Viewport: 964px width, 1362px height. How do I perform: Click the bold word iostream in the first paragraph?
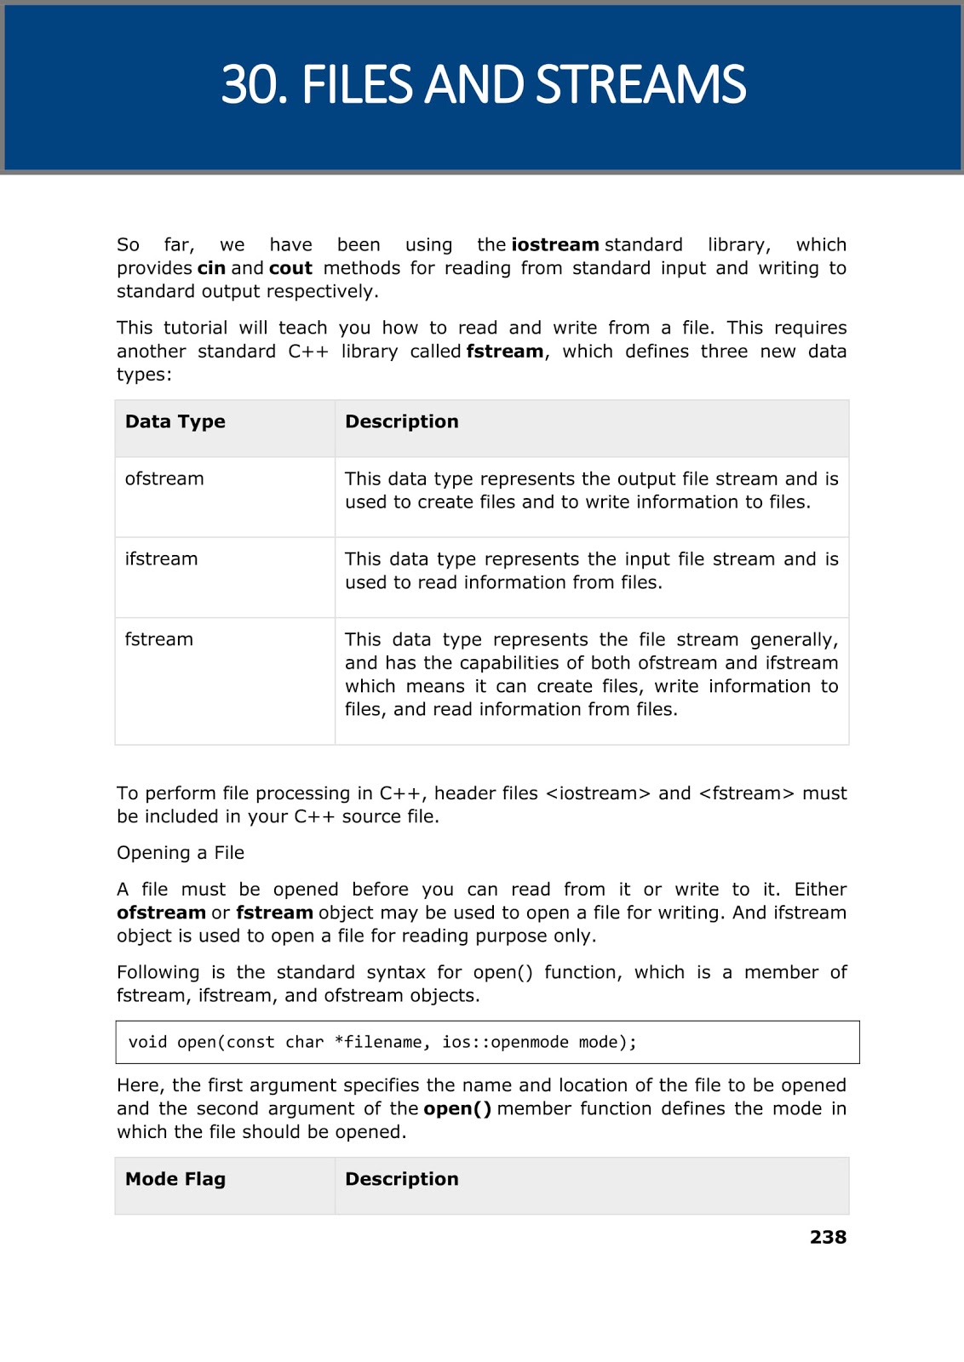coord(555,245)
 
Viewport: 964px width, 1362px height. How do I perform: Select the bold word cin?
coord(211,268)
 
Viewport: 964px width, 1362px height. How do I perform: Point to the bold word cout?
coord(290,268)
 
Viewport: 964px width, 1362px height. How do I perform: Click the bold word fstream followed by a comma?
coord(505,352)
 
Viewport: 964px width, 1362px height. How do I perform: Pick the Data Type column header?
coord(175,422)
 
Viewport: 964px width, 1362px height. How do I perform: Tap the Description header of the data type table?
coord(402,422)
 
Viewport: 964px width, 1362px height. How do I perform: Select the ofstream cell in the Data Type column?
coord(164,479)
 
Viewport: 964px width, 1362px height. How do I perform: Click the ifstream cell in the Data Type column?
coord(161,559)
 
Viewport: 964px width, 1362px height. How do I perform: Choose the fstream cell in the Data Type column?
coord(159,640)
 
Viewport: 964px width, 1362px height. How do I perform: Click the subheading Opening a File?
coord(181,853)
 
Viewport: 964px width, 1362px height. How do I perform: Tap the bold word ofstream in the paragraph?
coord(161,913)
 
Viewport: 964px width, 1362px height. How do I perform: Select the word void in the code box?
coord(147,1043)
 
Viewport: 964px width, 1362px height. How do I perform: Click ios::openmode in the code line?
coord(505,1043)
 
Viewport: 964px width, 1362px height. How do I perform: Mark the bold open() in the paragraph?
coord(457,1109)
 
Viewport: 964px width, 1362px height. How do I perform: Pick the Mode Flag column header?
coord(175,1180)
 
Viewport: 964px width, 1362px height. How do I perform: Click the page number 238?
coord(828,1238)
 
